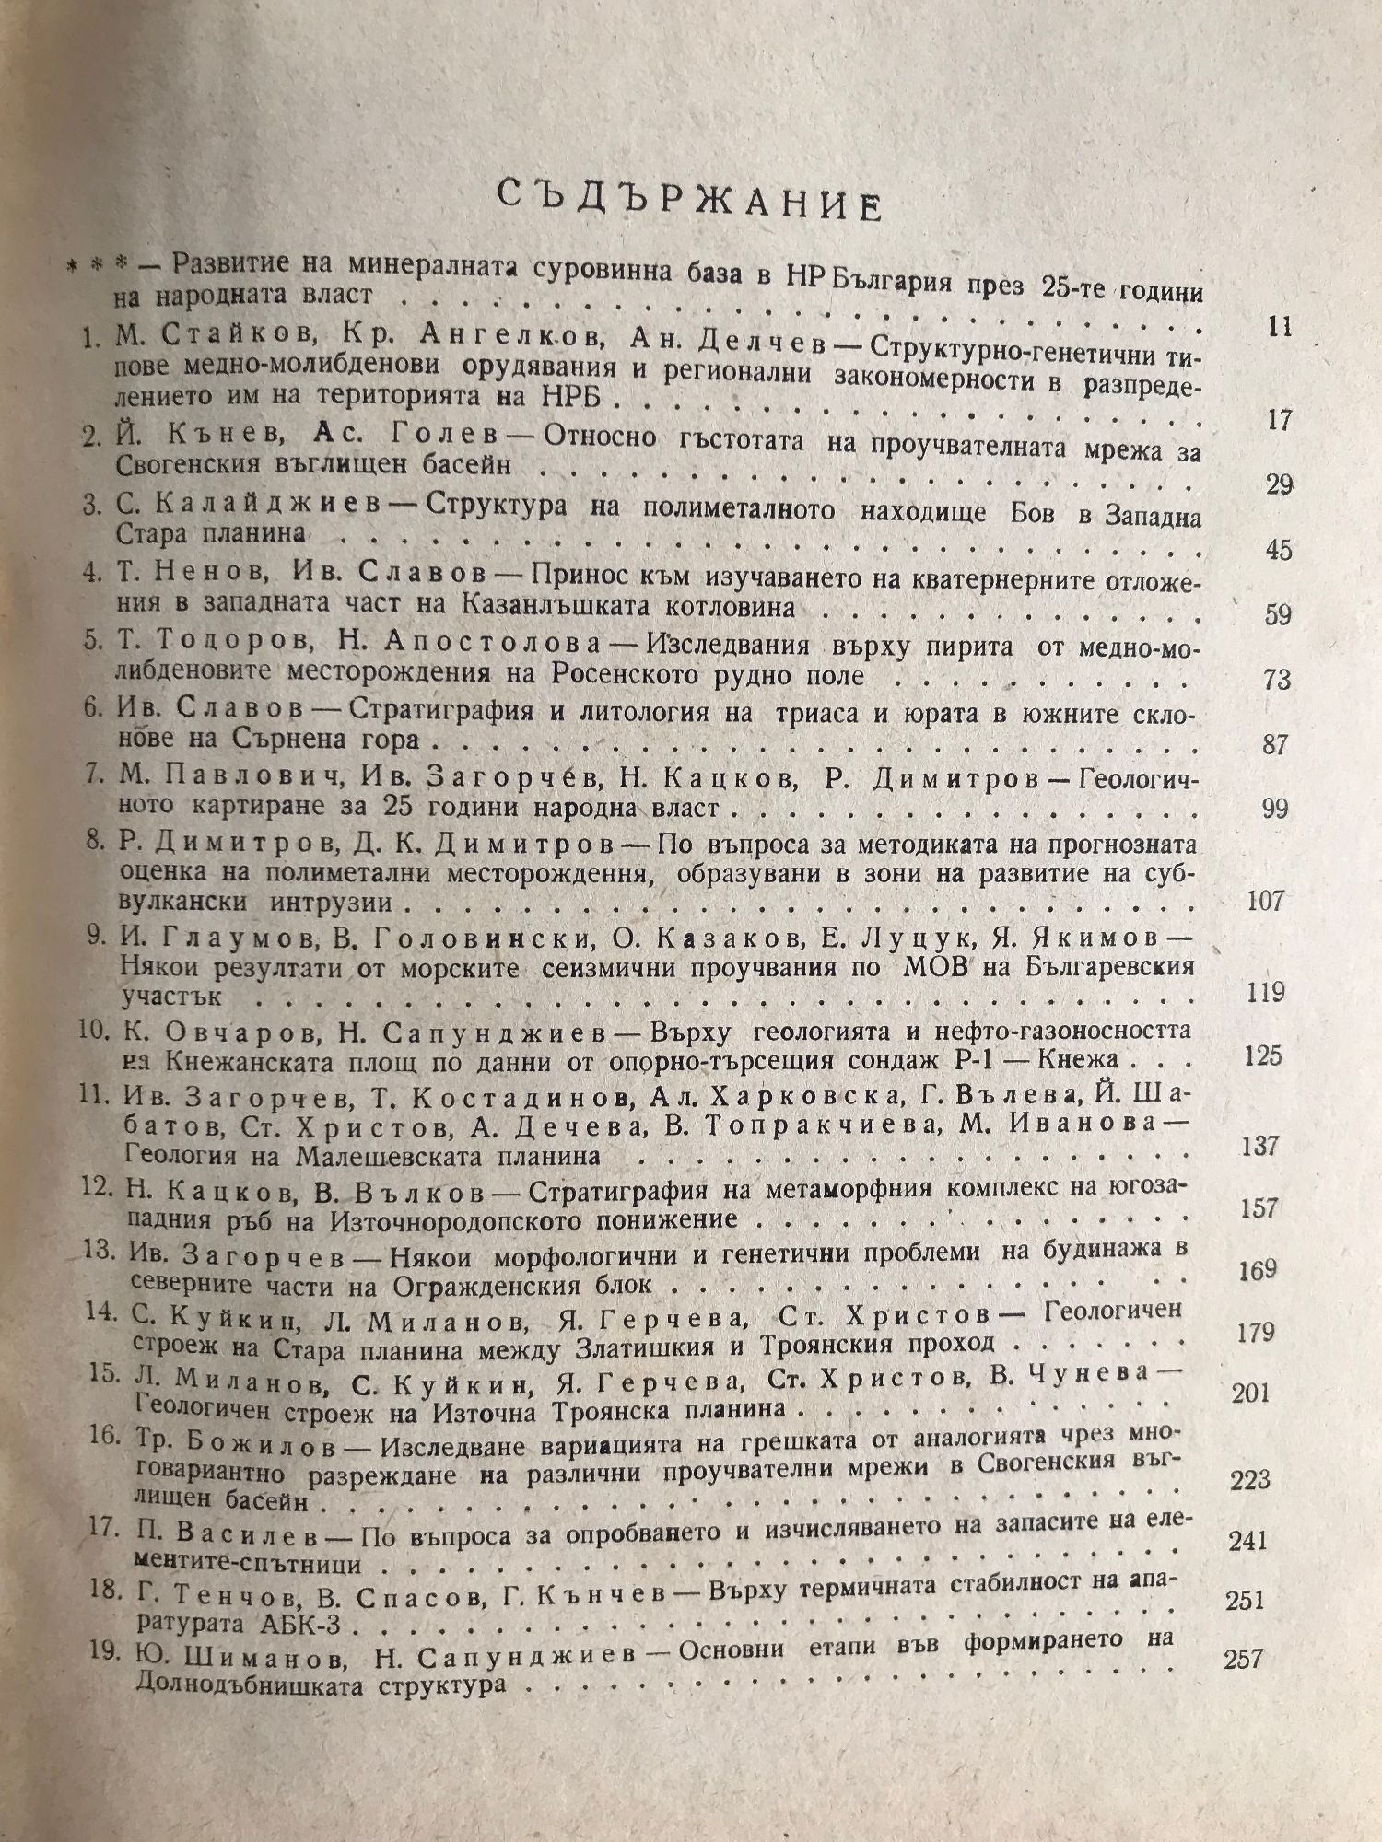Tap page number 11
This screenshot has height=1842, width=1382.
coord(1280,327)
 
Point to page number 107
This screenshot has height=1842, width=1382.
coord(1264,900)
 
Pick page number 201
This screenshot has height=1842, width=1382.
coord(1250,1393)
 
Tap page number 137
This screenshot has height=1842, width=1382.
coord(1259,1146)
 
